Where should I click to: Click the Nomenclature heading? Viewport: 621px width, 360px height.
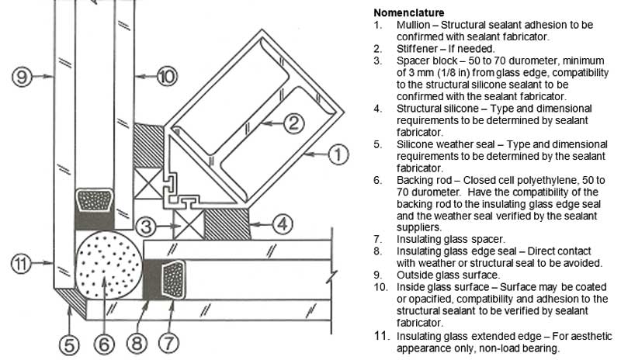point(409,13)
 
